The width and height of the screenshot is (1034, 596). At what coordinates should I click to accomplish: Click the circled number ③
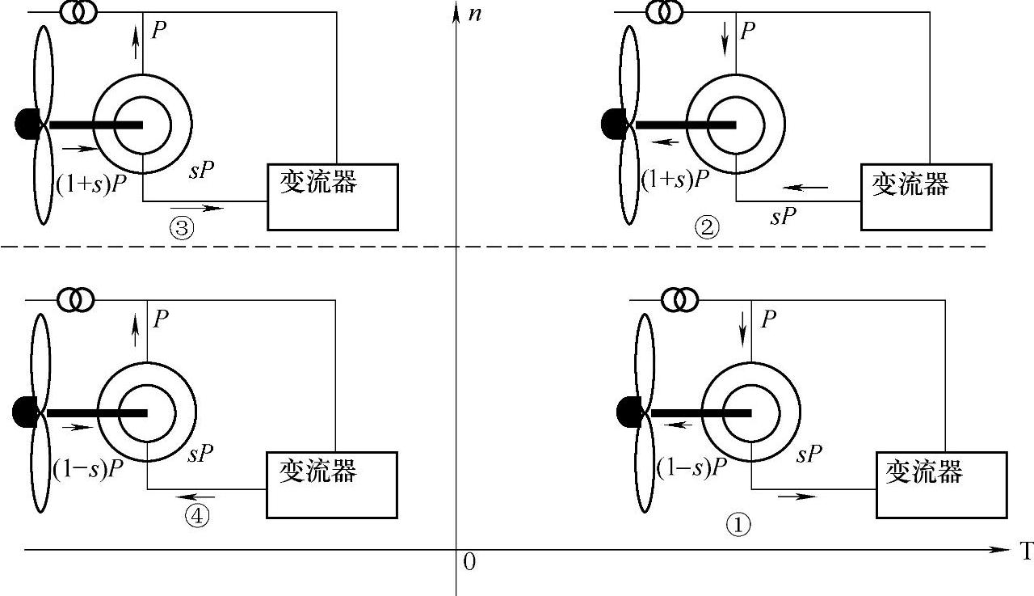point(181,228)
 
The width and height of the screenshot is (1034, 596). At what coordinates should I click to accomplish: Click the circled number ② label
point(707,228)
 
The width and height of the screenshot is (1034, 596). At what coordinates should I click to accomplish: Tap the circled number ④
point(196,515)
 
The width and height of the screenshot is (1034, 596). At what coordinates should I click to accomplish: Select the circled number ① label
point(738,525)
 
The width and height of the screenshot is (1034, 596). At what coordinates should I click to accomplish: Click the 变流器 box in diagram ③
point(332,197)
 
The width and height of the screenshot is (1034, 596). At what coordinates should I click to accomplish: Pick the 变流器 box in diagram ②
point(924,197)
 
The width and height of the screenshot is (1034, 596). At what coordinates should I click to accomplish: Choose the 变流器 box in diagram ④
point(332,484)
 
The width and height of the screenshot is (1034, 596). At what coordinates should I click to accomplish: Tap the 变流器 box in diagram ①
point(941,484)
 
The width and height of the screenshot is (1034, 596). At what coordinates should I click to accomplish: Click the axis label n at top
point(474,14)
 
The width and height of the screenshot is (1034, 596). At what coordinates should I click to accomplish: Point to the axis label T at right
point(1026,552)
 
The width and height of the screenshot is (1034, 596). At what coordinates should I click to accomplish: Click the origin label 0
point(469,562)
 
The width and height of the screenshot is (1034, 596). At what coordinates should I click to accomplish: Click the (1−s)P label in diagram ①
point(691,467)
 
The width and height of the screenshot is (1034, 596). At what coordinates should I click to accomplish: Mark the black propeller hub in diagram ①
point(628,412)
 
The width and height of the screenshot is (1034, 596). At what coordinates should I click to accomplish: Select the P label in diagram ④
point(161,319)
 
